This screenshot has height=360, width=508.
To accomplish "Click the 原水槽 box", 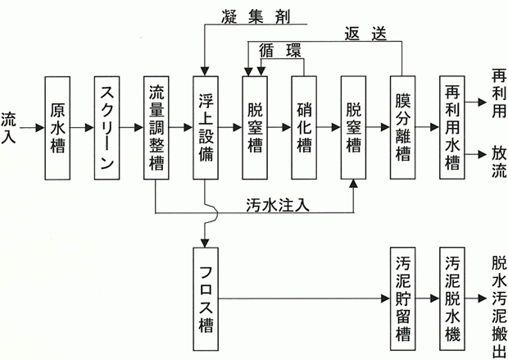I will [x=58, y=128].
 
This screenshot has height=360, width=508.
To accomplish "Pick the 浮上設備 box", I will [x=206, y=128].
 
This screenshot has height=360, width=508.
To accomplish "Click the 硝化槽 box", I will [x=305, y=128].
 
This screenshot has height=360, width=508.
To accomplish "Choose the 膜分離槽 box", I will [x=401, y=128].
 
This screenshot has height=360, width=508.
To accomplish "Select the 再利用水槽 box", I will [x=451, y=128].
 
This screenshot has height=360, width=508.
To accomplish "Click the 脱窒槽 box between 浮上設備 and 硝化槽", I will [x=256, y=128].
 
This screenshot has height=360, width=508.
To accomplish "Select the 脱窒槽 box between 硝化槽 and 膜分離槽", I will [x=353, y=128].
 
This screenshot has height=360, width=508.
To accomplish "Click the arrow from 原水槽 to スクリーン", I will [x=83, y=128].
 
